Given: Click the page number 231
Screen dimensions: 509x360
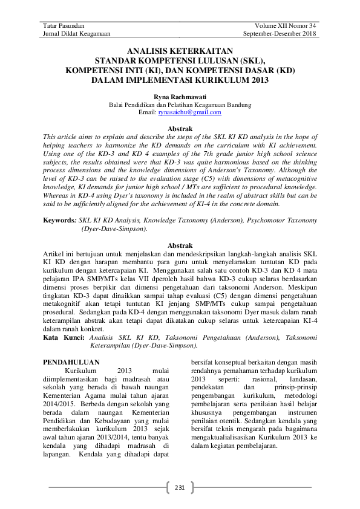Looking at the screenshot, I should click(x=180, y=487).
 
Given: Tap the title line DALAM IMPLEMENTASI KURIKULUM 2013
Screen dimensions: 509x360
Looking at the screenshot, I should click(x=180, y=79).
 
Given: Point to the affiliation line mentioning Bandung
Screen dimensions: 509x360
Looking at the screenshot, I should click(x=180, y=105).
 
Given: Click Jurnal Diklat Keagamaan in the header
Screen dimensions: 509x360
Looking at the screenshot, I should click(x=74, y=34).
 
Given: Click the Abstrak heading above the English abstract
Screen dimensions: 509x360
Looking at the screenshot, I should click(x=180, y=129).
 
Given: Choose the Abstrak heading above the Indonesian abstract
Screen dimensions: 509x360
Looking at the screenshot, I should click(x=180, y=245).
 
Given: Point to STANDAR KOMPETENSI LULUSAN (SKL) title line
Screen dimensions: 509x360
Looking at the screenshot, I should click(x=180, y=61).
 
